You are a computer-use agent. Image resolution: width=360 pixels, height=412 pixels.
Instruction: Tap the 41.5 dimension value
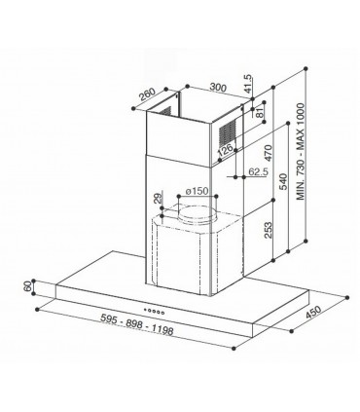pyautogui.click(x=249, y=90)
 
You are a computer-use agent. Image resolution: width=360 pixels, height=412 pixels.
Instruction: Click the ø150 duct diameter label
pyautogui.click(x=198, y=189)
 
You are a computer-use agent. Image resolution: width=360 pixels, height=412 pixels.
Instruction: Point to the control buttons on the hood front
pyautogui.click(x=161, y=303)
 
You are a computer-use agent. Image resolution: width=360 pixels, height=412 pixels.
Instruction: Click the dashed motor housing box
pyautogui.click(x=185, y=253)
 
